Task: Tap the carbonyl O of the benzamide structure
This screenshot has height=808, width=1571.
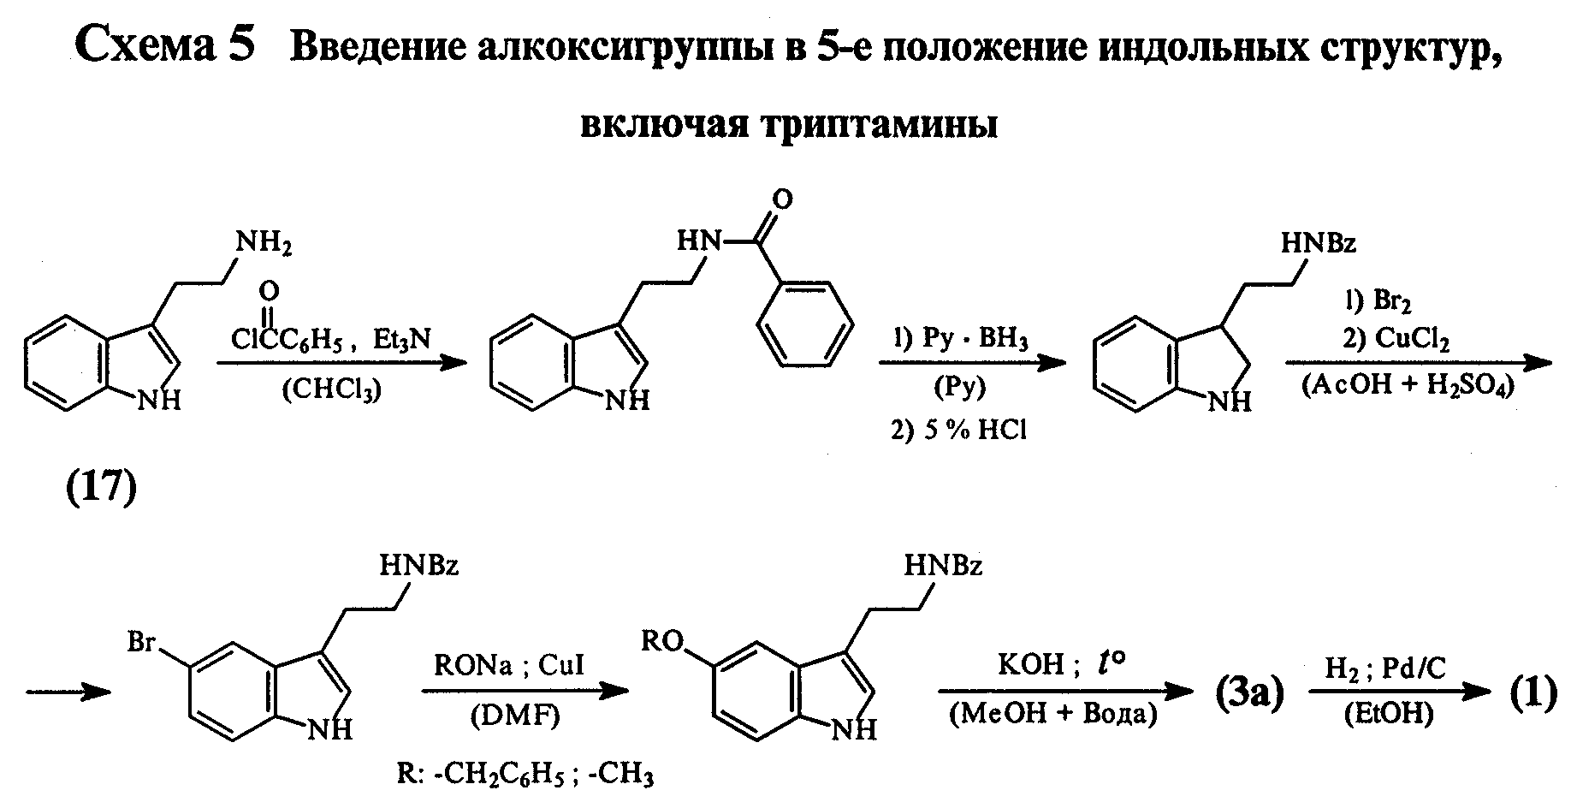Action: point(781,199)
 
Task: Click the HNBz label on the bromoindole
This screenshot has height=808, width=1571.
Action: point(419,566)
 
